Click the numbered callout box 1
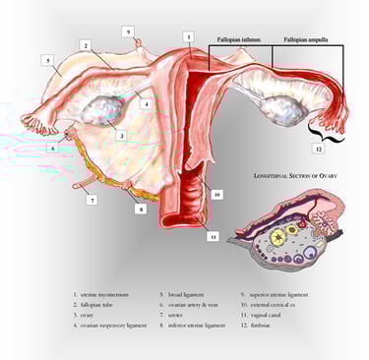pyautogui.click(x=188, y=36)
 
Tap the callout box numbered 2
pyautogui.click(x=86, y=45)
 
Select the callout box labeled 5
pyautogui.click(x=47, y=60)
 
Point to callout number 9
pyautogui.click(x=128, y=30)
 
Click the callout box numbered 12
pyautogui.click(x=318, y=149)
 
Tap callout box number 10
pyautogui.click(x=215, y=196)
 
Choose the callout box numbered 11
pyautogui.click(x=213, y=236)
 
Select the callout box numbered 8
pyautogui.click(x=140, y=209)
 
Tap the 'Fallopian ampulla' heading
pyautogui.click(x=306, y=40)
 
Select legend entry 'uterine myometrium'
pyautogui.click(x=102, y=294)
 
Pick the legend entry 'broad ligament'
pyautogui.click(x=183, y=294)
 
